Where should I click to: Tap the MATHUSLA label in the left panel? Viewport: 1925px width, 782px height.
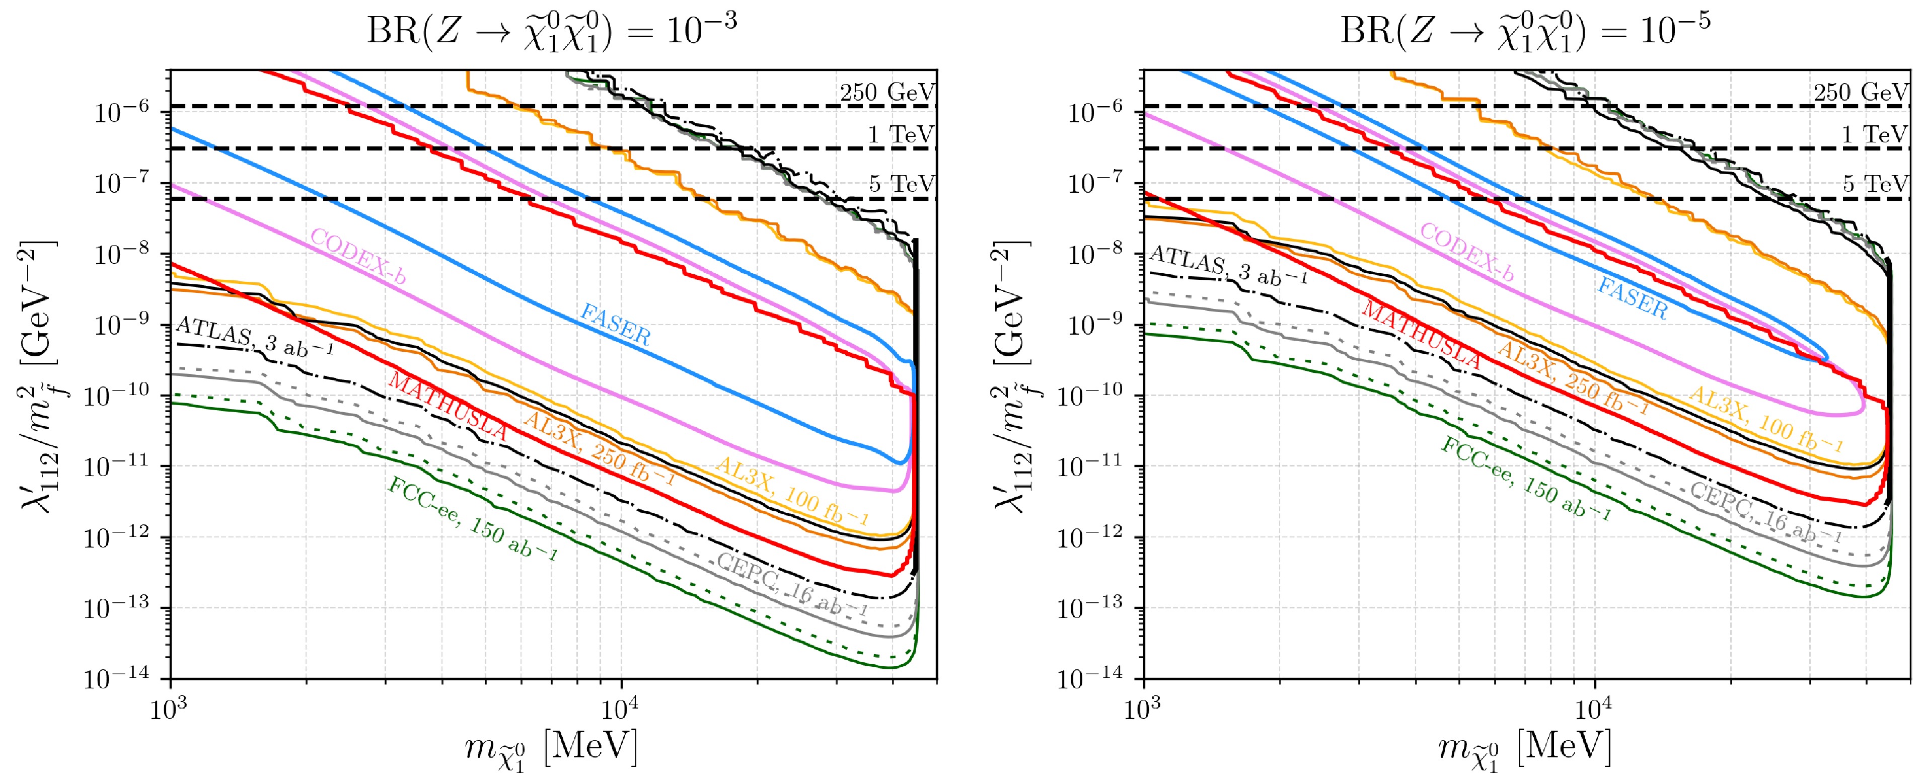(x=448, y=407)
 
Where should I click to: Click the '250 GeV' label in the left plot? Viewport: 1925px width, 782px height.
(x=887, y=93)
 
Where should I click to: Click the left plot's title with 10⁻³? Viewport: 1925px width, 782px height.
(x=552, y=31)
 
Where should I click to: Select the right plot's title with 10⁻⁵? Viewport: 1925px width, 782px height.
(x=1524, y=31)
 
